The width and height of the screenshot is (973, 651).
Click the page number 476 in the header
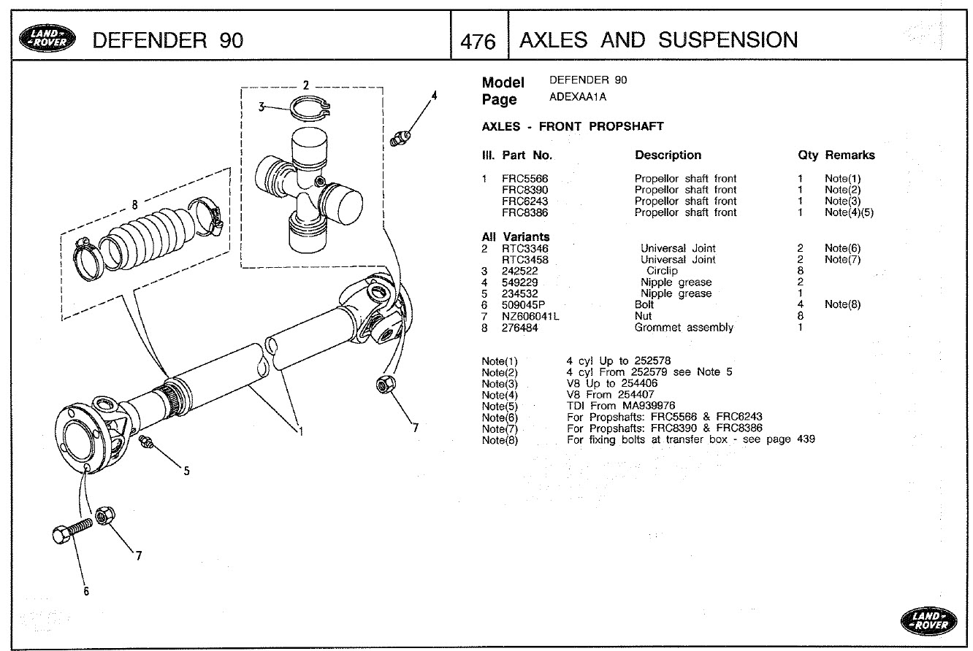pyautogui.click(x=478, y=41)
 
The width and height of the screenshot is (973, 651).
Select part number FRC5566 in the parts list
pyautogui.click(x=524, y=179)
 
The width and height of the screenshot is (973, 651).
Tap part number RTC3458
pyautogui.click(x=524, y=260)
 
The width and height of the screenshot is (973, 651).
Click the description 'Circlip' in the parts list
pyautogui.click(x=662, y=271)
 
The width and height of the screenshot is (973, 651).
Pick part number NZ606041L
pyautogui.click(x=530, y=316)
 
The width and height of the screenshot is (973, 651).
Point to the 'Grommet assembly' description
pyautogui.click(x=684, y=328)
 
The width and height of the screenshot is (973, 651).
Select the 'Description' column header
pyautogui.click(x=668, y=155)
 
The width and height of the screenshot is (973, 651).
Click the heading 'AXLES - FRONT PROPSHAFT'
pyautogui.click(x=573, y=126)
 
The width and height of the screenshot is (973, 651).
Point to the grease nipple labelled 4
pyautogui.click(x=400, y=137)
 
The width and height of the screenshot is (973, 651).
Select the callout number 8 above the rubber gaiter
pyautogui.click(x=134, y=204)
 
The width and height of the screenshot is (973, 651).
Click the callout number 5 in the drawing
pyautogui.click(x=186, y=471)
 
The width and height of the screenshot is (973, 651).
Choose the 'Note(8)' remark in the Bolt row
pyautogui.click(x=842, y=305)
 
